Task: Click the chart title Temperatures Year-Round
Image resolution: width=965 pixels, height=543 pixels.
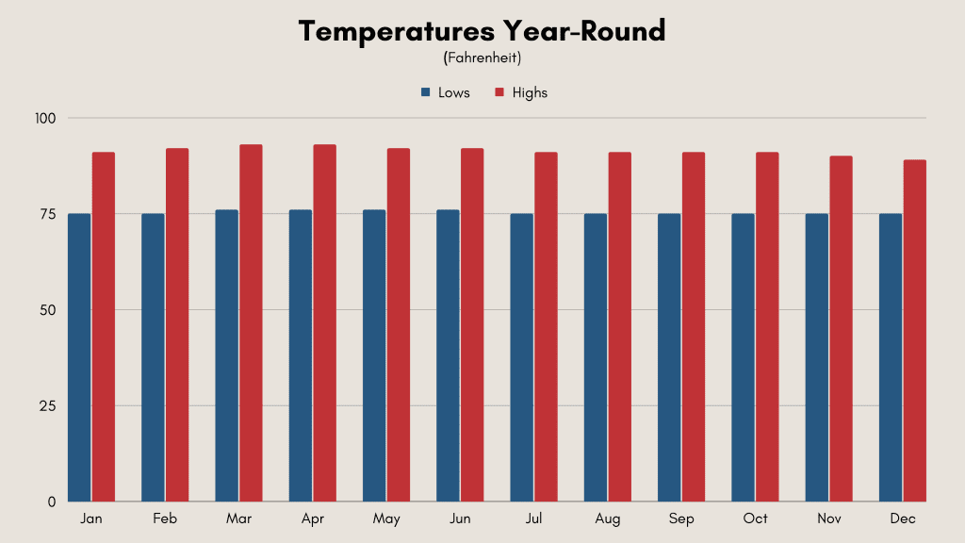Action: click(x=482, y=31)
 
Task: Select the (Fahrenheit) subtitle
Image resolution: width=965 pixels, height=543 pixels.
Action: click(x=482, y=58)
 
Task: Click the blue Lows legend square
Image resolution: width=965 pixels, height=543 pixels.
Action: click(x=425, y=92)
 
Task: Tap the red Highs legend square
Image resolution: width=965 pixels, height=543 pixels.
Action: click(x=499, y=92)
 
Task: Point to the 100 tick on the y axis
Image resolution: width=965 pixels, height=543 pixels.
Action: click(x=45, y=118)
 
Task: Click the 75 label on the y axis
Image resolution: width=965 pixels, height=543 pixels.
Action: click(x=48, y=214)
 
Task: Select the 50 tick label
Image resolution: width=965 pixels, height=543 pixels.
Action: click(x=47, y=310)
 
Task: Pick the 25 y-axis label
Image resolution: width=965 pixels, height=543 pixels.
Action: click(x=47, y=406)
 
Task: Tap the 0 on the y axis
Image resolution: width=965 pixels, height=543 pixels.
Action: click(x=52, y=502)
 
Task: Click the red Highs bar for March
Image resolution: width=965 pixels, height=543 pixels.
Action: click(x=251, y=323)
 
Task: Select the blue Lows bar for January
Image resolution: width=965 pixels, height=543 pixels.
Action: click(x=79, y=357)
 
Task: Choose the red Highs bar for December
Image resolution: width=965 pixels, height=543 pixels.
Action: click(x=914, y=331)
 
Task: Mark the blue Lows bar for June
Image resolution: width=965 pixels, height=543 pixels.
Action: click(x=448, y=355)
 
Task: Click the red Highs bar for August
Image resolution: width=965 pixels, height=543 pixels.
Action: click(x=620, y=327)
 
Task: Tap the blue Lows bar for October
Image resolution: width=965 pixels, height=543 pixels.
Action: click(x=743, y=357)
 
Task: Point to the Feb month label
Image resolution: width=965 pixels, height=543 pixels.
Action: click(x=165, y=519)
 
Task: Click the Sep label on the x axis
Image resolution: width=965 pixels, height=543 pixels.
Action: click(x=681, y=519)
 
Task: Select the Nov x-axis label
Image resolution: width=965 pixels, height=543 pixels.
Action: click(x=829, y=519)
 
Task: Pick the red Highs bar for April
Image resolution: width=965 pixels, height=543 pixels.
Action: click(x=325, y=323)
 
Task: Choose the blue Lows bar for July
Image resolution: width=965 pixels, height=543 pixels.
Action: click(x=522, y=357)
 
